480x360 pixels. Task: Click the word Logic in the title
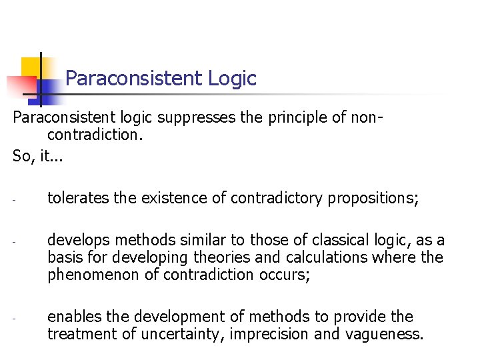click(232, 79)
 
